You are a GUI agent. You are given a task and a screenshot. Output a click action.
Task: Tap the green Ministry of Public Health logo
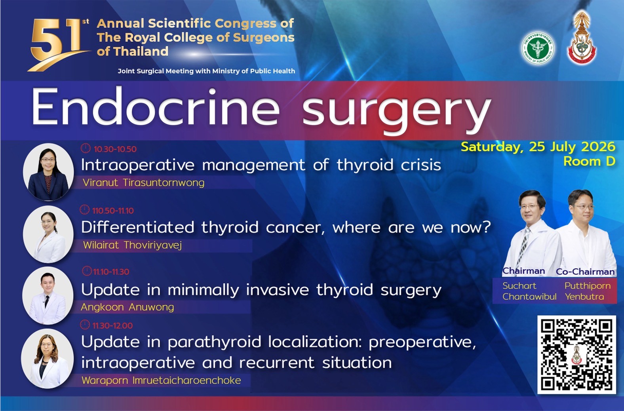[x=538, y=48]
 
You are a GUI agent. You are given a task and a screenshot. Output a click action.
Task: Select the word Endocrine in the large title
[x=156, y=107]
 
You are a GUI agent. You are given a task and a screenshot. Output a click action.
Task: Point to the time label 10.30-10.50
[x=115, y=149]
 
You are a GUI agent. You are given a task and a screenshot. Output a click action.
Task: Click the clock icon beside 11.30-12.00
[x=85, y=325]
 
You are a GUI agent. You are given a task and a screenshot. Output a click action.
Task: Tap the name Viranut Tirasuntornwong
[x=143, y=183]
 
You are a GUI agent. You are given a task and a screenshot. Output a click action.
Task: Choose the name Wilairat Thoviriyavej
[x=132, y=245]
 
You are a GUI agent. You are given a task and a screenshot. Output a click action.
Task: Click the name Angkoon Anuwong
[x=127, y=307]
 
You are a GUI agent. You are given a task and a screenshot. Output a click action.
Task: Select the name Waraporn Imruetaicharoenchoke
[x=161, y=381]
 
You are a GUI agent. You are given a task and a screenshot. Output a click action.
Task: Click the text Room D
[x=589, y=161]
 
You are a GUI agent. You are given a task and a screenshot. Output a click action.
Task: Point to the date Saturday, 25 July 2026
[x=538, y=147]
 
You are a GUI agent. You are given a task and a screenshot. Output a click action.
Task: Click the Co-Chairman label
[x=585, y=272]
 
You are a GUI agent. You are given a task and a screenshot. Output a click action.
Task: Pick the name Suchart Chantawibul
[x=529, y=291]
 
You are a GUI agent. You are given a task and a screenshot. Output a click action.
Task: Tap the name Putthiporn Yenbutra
[x=588, y=291]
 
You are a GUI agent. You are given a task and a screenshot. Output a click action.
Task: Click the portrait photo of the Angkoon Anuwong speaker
[x=48, y=295]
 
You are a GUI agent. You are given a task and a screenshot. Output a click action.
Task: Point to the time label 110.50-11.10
[x=113, y=211]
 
